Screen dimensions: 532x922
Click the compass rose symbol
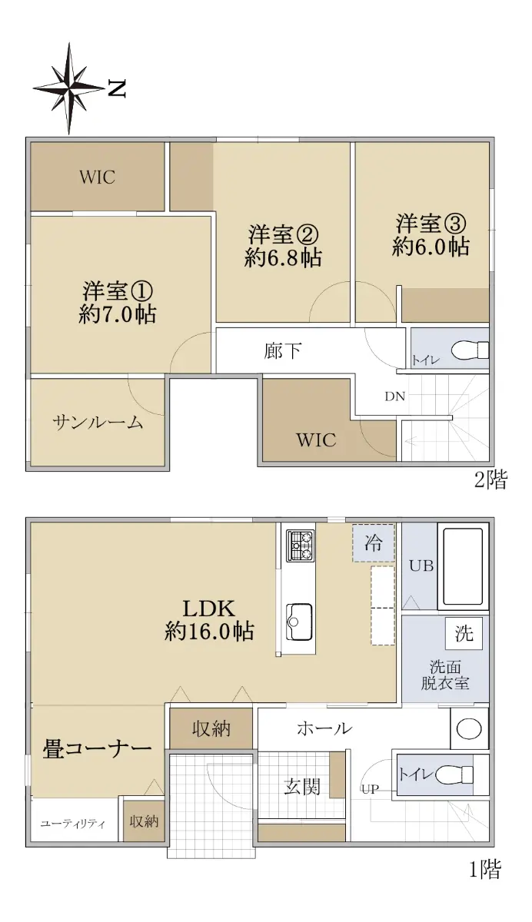[68, 88]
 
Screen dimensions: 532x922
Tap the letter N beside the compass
[117, 88]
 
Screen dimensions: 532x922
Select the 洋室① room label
[118, 291]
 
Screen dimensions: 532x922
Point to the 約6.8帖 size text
[283, 258]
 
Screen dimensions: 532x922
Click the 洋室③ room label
[431, 224]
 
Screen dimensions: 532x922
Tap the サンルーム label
[98, 423]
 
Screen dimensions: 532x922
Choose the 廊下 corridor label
[282, 351]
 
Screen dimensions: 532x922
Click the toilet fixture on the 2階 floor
[470, 350]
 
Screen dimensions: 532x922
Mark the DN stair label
[395, 396]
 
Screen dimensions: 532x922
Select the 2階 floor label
[490, 479]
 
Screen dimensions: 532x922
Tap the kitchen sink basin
[299, 622]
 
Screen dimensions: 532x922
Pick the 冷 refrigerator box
[374, 542]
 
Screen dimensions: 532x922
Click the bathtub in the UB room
[463, 566]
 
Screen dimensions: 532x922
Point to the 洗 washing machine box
[464, 633]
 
